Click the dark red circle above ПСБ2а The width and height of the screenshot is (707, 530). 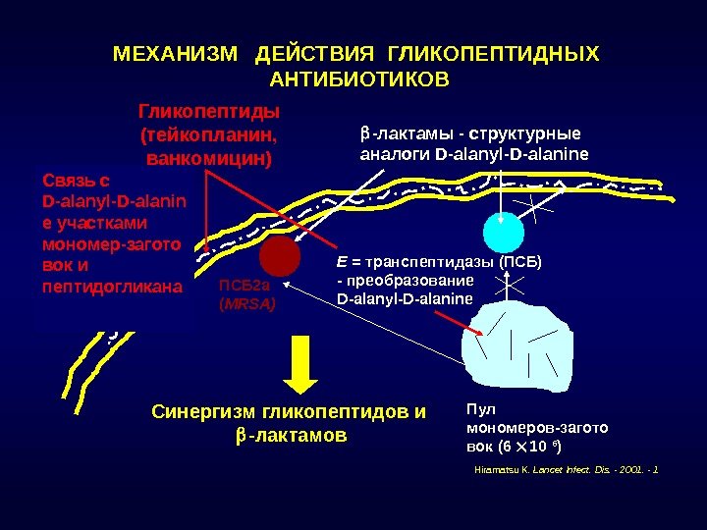pos(280,256)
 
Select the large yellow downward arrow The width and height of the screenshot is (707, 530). pos(304,367)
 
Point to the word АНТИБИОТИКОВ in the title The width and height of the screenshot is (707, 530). pos(357,78)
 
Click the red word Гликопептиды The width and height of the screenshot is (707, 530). pos(209,109)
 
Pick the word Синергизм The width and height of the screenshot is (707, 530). pos(195,412)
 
